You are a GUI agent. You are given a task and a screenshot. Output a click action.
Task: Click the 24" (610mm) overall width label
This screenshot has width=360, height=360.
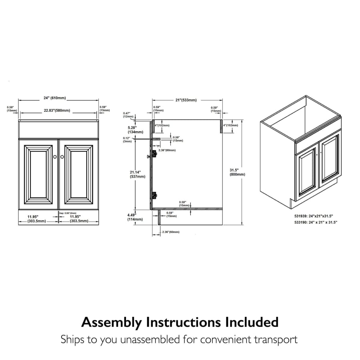[55, 98]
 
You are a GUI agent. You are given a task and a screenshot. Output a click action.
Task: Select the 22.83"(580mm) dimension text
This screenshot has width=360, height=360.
[57, 110]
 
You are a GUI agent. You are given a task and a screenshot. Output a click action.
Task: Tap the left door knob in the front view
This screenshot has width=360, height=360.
[55, 157]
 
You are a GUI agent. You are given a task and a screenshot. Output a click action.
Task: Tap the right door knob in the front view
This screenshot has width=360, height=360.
[62, 157]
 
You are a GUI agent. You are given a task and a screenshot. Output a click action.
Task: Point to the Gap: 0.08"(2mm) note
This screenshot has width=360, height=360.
[68, 213]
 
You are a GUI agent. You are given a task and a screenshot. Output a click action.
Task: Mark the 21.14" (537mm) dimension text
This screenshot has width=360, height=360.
[135, 174]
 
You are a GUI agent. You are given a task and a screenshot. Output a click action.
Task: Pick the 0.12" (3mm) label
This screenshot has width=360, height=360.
[127, 140]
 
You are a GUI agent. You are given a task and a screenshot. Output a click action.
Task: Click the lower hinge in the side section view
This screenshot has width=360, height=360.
[153, 196]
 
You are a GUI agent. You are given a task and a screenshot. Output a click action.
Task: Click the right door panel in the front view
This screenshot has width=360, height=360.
[79, 172]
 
